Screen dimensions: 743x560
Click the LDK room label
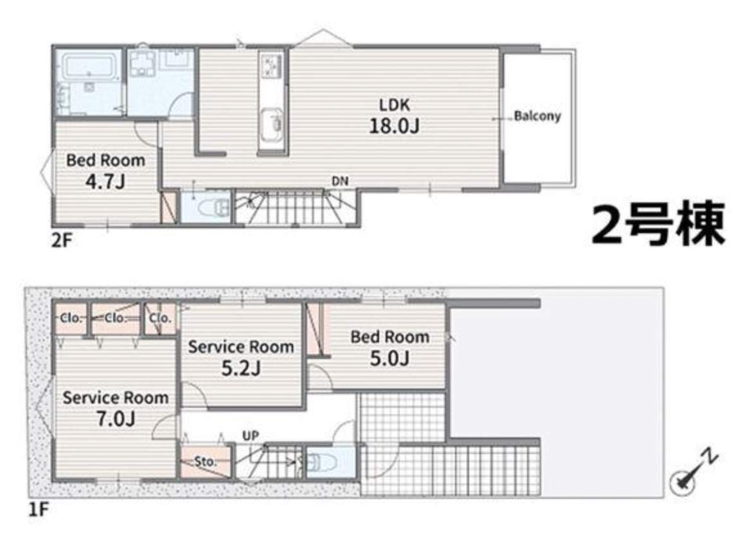pos(394,105)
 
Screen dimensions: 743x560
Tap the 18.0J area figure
pos(394,126)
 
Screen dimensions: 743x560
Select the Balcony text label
pos(537,116)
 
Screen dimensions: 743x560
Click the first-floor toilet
pos(321,462)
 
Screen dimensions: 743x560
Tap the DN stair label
pos(340,181)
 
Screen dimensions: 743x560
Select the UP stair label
pos(251,435)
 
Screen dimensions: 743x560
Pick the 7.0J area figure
pos(116,419)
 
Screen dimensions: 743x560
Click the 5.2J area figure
pos(241,368)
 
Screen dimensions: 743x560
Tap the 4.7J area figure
pos(105,181)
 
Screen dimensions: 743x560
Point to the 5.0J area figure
pos(389,358)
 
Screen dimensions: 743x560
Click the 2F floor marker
pos(62,241)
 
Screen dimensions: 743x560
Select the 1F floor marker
pos(39,510)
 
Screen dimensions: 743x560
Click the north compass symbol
pos(692,473)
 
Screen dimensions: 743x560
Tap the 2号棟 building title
pos(658,224)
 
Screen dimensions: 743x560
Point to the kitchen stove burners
pos(272,66)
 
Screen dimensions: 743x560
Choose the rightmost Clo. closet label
pos(159,318)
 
